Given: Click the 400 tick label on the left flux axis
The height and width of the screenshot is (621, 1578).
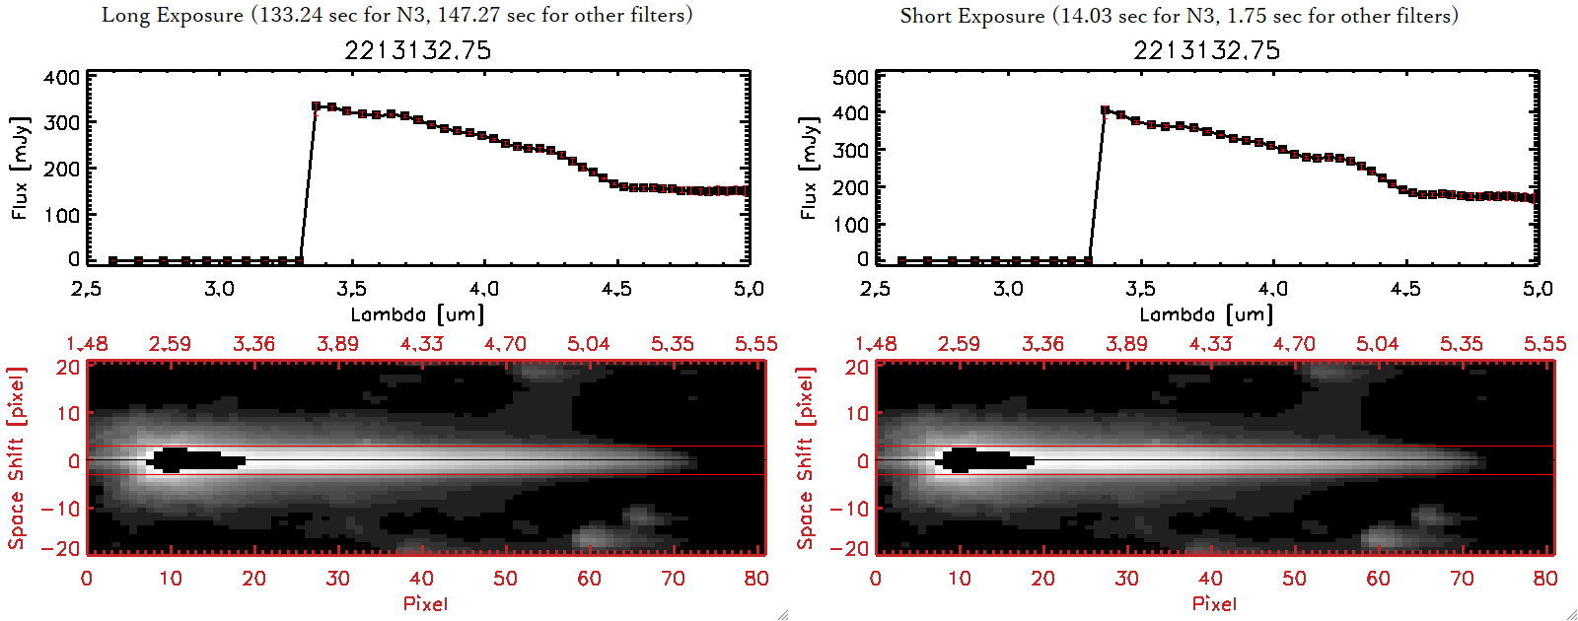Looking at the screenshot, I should tap(61, 78).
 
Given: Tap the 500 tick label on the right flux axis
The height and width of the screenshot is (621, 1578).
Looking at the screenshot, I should tap(850, 78).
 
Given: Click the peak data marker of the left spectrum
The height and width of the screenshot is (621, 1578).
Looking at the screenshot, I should tap(317, 105).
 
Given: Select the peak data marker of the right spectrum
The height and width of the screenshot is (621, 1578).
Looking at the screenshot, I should tap(1106, 110).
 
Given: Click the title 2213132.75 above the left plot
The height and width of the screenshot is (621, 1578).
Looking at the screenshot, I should tap(417, 50).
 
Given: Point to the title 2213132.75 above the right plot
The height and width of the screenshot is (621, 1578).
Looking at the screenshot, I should tap(1206, 50).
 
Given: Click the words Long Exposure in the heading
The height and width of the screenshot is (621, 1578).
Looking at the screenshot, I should tap(172, 15).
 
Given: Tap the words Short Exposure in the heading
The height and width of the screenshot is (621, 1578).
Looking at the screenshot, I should tap(971, 16).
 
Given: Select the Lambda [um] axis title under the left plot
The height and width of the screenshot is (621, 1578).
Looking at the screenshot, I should tap(417, 314).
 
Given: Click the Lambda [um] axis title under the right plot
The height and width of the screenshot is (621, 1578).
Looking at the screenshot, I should tap(1206, 314).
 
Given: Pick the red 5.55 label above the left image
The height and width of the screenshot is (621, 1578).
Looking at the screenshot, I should tap(755, 344).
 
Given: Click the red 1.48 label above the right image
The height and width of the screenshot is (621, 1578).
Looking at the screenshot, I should tap(876, 344).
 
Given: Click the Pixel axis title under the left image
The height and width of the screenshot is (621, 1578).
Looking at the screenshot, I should tap(425, 603).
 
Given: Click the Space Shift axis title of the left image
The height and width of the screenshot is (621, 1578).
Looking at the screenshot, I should tap(16, 458).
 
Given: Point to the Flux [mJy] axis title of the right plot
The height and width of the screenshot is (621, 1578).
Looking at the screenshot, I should tap(809, 168).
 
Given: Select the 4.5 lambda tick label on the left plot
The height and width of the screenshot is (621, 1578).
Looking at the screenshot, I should tap(616, 289).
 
